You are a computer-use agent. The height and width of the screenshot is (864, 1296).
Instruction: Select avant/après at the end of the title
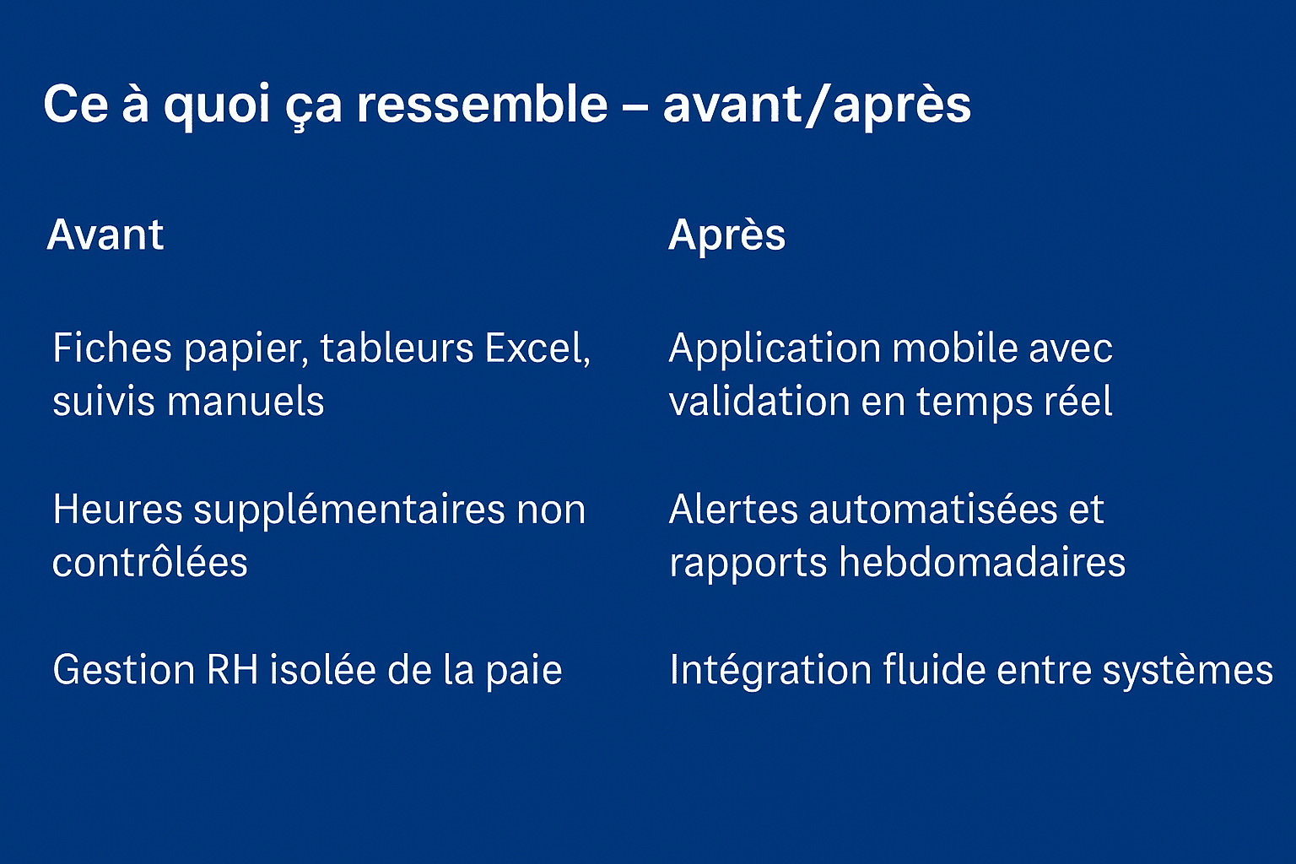(817, 105)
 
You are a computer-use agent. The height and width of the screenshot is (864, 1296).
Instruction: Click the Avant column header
(105, 235)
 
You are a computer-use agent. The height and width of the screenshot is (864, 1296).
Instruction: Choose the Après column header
(726, 236)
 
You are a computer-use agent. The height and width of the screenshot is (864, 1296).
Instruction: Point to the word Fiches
(112, 348)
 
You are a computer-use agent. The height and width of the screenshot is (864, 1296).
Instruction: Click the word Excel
(537, 349)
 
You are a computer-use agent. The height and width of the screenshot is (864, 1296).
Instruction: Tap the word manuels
(246, 401)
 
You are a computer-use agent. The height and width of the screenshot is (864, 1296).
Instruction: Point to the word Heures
(117, 510)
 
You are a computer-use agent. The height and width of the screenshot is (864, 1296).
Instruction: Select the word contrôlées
(150, 562)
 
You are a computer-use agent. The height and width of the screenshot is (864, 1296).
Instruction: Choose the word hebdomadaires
(982, 562)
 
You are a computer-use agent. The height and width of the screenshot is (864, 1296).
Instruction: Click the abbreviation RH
(232, 670)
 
